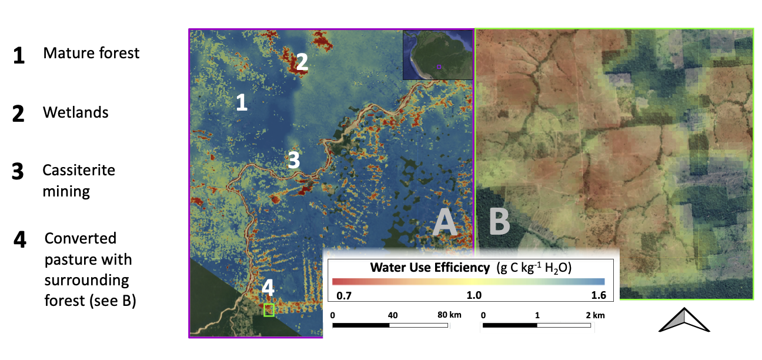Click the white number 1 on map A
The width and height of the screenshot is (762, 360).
coord(241,102)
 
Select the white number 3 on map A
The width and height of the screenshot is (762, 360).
coord(293,159)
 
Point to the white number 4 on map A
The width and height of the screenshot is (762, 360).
coord(268,288)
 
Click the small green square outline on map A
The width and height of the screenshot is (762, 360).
coord(269,310)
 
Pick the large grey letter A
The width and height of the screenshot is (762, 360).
coord(446,224)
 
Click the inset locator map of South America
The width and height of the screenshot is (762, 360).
coord(437,54)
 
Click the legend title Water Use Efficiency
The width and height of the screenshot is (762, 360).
coord(430,268)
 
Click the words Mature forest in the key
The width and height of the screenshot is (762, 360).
coord(91,53)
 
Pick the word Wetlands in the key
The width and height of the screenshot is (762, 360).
coord(75,112)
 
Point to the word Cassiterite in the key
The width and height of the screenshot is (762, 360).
coord(79,170)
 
